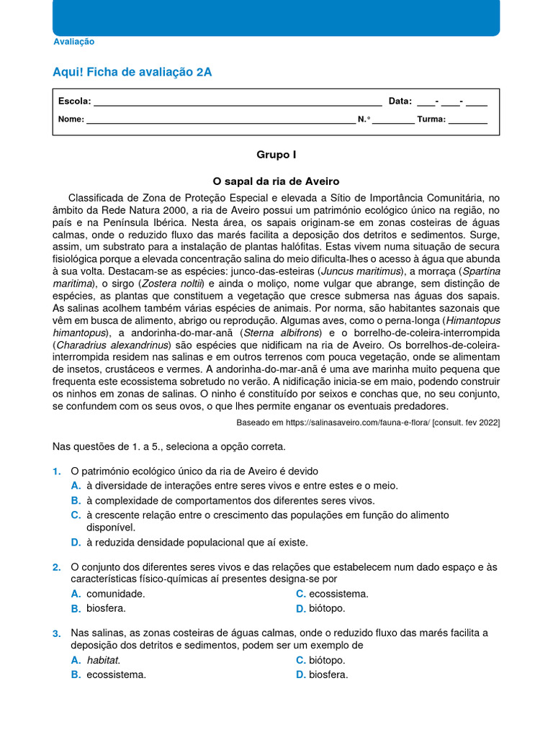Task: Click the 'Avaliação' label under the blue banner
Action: (x=74, y=42)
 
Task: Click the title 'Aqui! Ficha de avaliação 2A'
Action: (x=132, y=72)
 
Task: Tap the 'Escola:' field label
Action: (x=74, y=101)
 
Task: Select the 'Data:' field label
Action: (x=400, y=101)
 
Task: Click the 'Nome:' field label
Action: (x=71, y=119)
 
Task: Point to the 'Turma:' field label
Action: (x=431, y=119)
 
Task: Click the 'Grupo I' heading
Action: (x=276, y=155)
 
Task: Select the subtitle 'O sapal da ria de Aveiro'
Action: (x=276, y=181)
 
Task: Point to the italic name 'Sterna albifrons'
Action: (x=282, y=333)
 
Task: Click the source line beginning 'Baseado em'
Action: (x=368, y=422)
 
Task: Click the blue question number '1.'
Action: (x=57, y=471)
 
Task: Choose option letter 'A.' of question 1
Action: (x=76, y=486)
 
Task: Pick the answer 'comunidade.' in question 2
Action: (x=115, y=594)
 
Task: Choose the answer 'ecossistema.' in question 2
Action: (x=338, y=594)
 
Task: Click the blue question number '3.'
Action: (x=57, y=633)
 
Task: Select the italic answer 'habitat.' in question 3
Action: (x=104, y=660)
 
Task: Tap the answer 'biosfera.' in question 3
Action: (x=328, y=675)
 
